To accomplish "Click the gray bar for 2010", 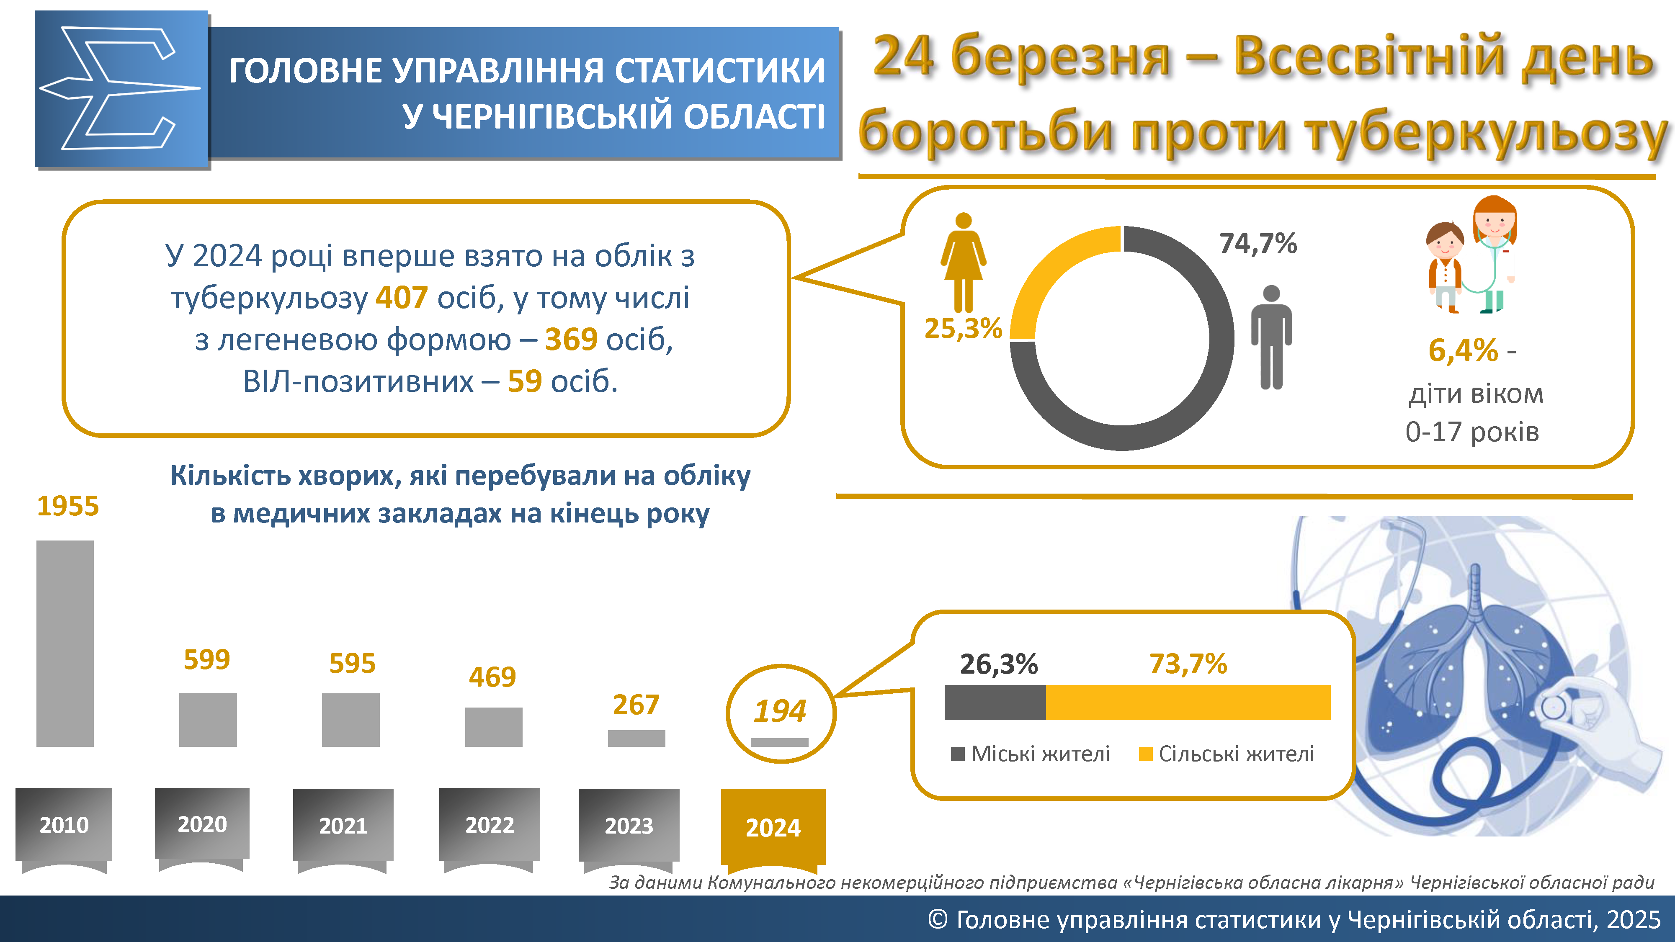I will click(65, 643).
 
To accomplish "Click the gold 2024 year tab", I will click(773, 827).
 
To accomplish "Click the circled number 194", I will click(780, 710).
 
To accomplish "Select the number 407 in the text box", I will click(401, 298).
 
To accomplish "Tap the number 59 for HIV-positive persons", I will click(524, 381).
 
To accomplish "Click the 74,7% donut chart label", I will click(1258, 244).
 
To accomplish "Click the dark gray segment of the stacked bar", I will click(995, 702).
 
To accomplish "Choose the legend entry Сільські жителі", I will click(1227, 754).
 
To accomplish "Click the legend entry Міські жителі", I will click(1031, 754).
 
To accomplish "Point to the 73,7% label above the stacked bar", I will click(1188, 664).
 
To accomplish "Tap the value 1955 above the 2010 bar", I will click(67, 506).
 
